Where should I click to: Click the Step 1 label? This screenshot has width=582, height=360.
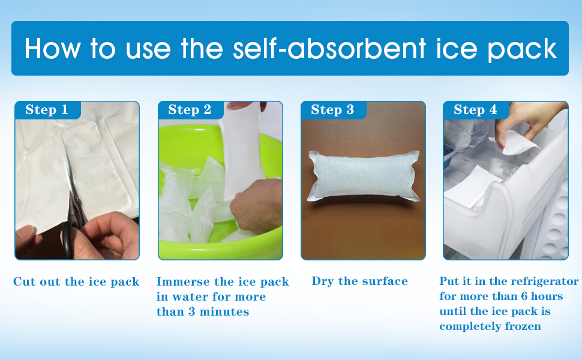click(x=47, y=109)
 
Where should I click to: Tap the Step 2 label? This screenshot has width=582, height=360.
click(x=190, y=109)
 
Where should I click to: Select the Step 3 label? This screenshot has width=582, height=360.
click(x=332, y=109)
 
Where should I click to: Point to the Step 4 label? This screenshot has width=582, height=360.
click(x=475, y=109)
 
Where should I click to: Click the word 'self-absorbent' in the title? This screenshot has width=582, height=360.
click(x=329, y=49)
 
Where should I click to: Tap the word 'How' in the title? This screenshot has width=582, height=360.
click(x=52, y=49)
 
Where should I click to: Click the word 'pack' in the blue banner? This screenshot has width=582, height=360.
click(x=522, y=50)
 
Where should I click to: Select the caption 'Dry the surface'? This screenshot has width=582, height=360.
click(x=359, y=281)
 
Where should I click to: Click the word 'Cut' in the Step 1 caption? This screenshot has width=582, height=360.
click(x=24, y=281)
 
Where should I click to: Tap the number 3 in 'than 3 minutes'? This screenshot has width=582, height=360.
click(x=191, y=311)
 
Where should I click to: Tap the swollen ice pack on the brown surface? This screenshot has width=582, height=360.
click(x=364, y=176)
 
